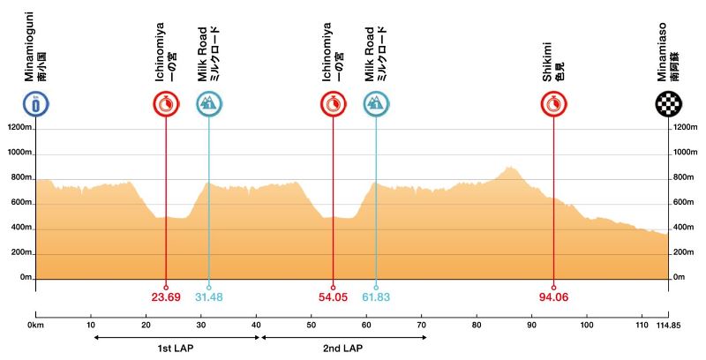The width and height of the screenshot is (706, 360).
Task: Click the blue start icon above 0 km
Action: click(35, 104)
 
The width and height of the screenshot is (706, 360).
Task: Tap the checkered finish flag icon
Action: click(668, 104)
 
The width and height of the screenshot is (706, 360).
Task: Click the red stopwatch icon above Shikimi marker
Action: click(553, 104)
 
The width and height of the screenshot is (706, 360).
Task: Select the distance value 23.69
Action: click(165, 297)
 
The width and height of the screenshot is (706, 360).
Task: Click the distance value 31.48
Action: click(208, 297)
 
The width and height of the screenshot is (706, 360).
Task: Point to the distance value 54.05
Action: click(333, 297)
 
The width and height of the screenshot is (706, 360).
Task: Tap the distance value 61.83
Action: click(376, 297)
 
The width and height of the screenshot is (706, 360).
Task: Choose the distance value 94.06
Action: click(553, 297)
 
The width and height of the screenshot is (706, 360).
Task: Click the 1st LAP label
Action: click(175, 349)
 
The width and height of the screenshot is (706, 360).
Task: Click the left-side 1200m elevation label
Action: click(20, 128)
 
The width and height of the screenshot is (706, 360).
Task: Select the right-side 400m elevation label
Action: click(685, 228)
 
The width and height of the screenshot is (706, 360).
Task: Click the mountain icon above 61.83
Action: click(376, 104)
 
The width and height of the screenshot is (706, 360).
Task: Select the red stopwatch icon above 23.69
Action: click(165, 104)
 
